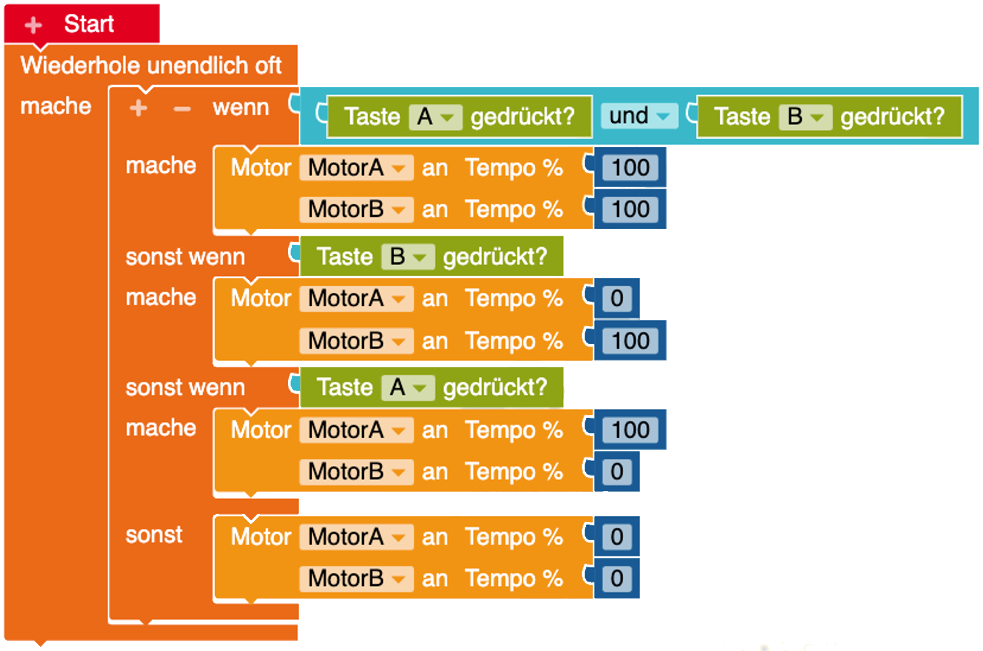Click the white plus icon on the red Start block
pos(33,25)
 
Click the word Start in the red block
pos(89,24)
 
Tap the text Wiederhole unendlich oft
pos(151,65)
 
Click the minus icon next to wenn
pos(182,108)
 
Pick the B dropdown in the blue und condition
pos(805,117)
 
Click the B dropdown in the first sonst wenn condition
pos(407,257)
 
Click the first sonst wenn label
pos(185,257)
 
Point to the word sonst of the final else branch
pos(154,535)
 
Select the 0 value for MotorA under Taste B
pos(617,298)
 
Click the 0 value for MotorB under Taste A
pos(617,472)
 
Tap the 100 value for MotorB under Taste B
pos(630,341)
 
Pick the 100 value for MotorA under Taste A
pos(630,430)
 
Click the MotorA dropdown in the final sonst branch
pos(356,537)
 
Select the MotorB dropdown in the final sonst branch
pos(356,579)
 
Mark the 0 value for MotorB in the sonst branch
pos(617,579)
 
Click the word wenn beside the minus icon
pos(240,108)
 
